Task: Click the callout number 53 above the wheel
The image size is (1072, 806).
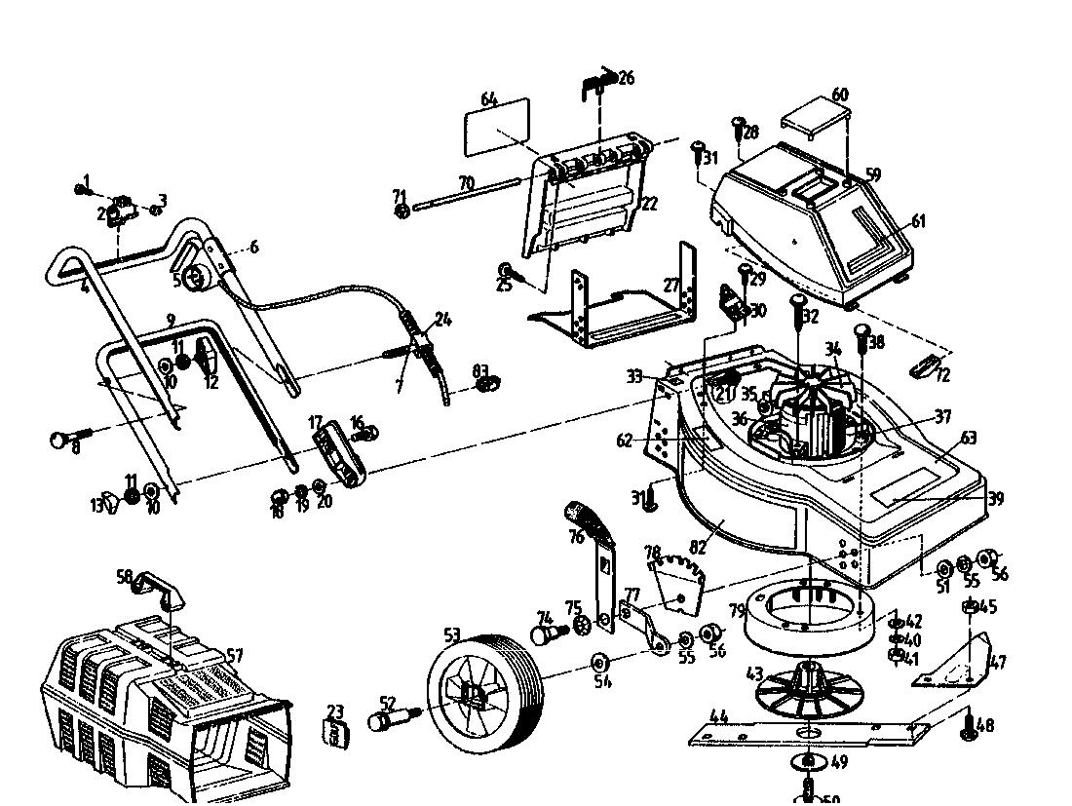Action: click(x=452, y=635)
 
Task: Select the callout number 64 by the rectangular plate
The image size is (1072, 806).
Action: click(x=489, y=98)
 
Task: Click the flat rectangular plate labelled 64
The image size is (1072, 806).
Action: click(x=497, y=128)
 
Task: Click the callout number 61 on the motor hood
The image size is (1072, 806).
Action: click(x=918, y=221)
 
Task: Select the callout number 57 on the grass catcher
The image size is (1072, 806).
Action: click(x=234, y=656)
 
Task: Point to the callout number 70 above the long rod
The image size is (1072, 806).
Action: click(x=466, y=182)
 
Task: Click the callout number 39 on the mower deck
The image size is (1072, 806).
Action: click(x=995, y=498)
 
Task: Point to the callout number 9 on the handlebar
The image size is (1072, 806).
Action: click(x=171, y=320)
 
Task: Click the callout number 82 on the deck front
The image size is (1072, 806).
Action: click(x=723, y=524)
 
